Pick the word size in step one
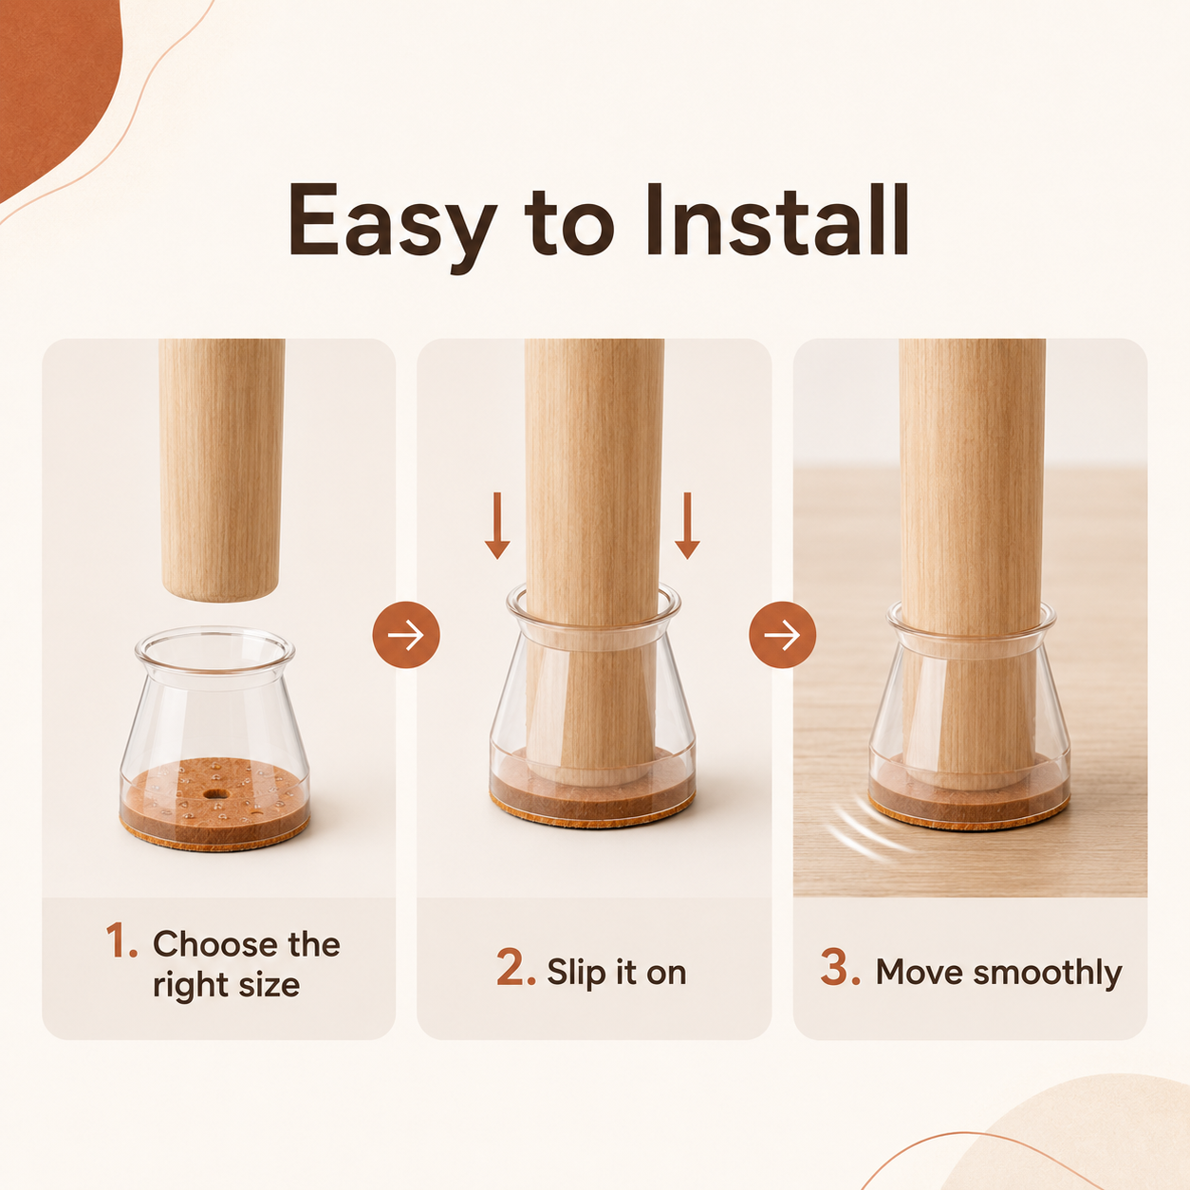(270, 984)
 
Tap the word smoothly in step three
(1048, 972)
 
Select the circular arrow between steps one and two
(406, 634)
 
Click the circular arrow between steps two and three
(783, 634)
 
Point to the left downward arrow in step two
(497, 526)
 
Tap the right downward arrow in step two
(687, 526)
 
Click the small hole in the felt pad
(215, 792)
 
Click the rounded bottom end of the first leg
(220, 588)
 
